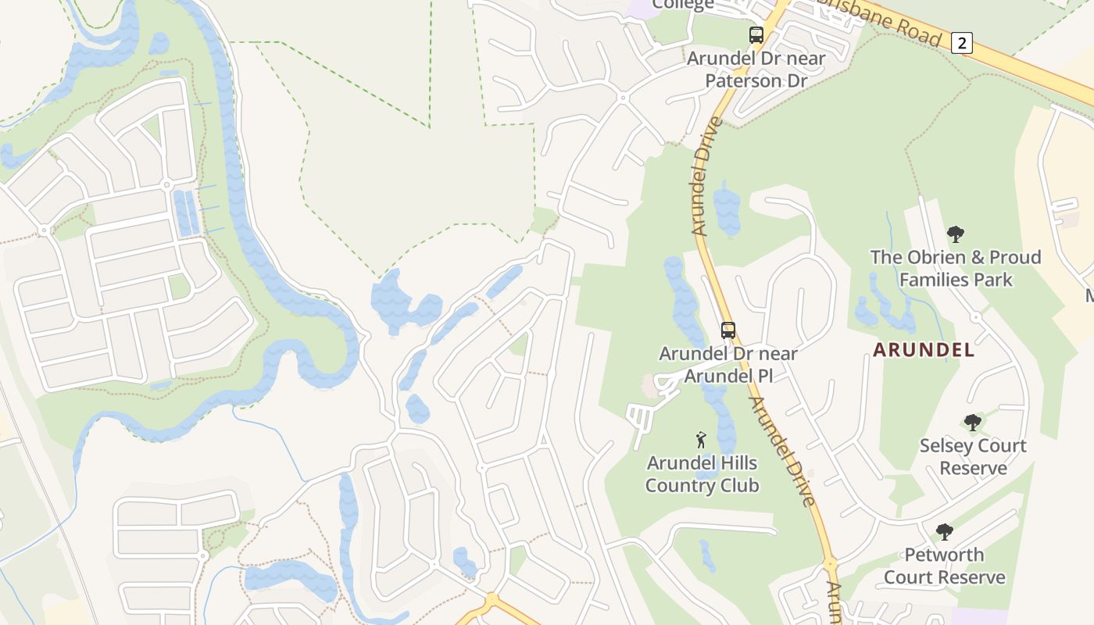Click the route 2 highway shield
[962, 43]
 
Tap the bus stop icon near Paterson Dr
[756, 35]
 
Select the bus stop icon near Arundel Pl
[728, 330]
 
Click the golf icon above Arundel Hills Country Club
[701, 440]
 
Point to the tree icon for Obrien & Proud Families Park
[955, 234]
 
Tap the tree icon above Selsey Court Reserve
[972, 423]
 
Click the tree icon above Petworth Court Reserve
[944, 532]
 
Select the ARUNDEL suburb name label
[924, 349]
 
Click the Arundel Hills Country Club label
[702, 474]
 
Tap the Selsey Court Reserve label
[973, 457]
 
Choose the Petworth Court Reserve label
[944, 566]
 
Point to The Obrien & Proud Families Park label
[956, 268]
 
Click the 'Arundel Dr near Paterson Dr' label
[756, 69]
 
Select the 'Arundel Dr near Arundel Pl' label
[728, 364]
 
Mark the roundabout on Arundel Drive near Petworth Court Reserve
[830, 562]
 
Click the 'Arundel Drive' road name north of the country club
[706, 176]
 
